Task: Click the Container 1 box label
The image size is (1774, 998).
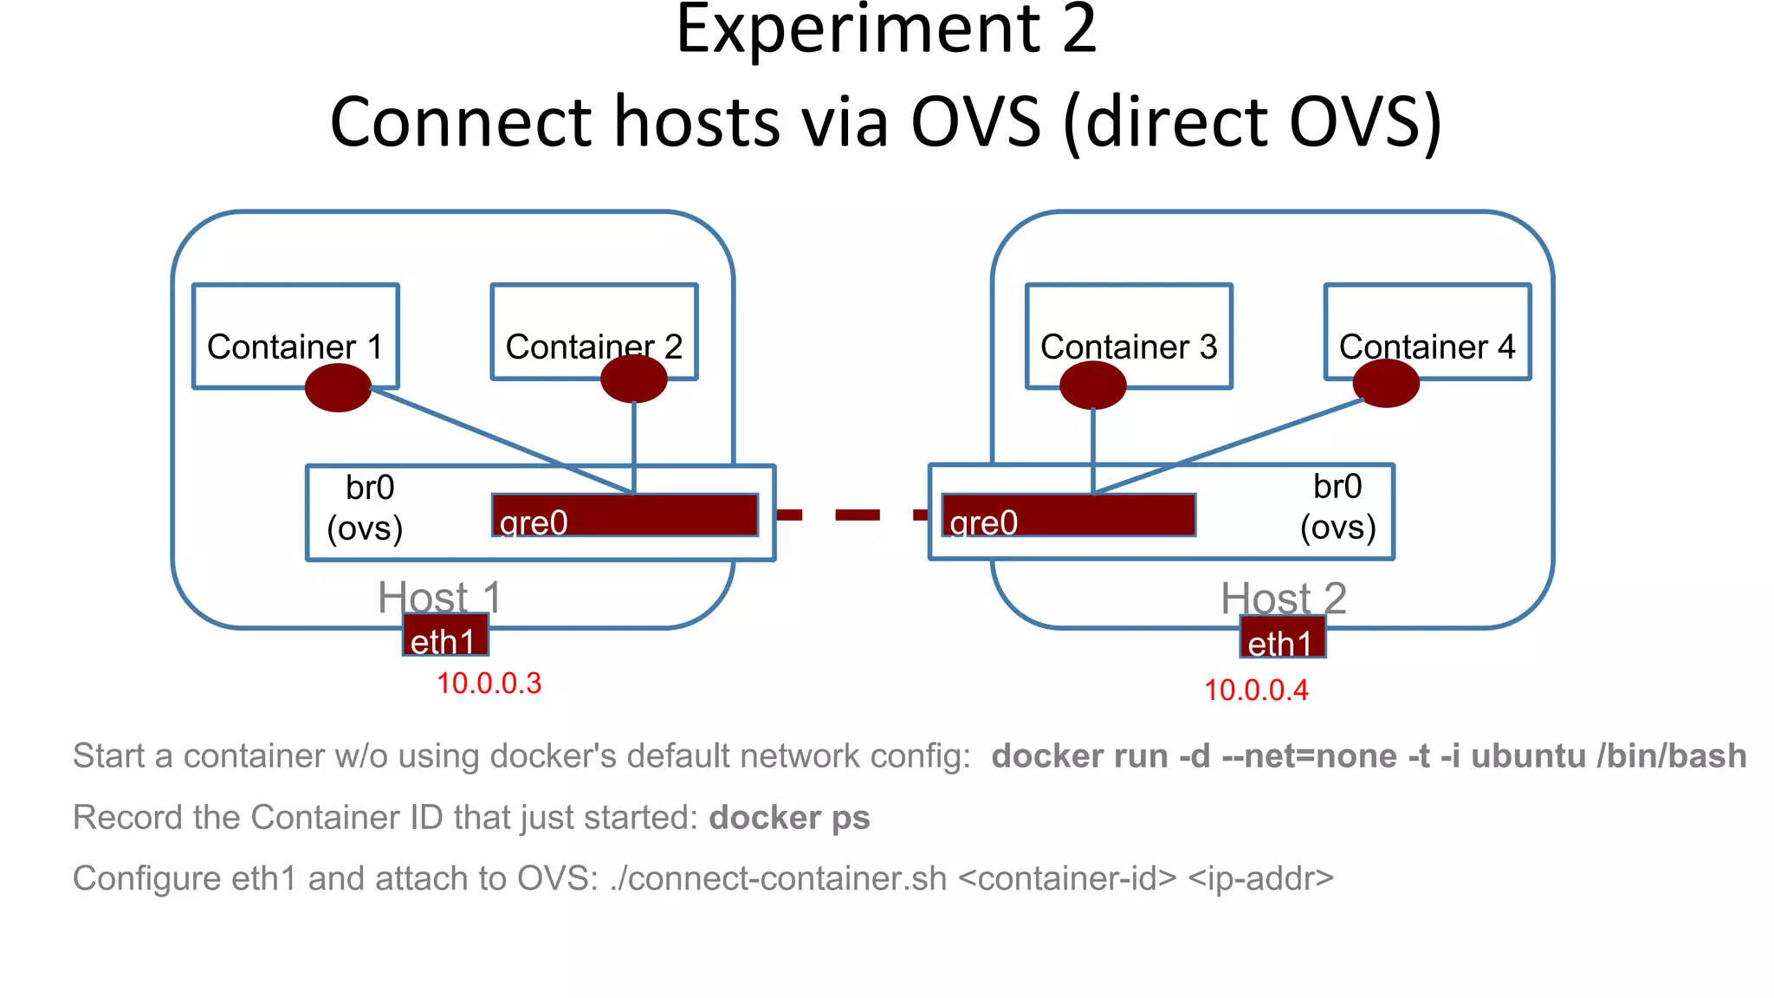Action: click(295, 347)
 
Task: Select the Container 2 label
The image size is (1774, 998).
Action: click(594, 347)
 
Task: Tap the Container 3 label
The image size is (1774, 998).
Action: click(1129, 347)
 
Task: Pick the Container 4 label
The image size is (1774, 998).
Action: click(1427, 347)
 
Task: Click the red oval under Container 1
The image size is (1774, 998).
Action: click(338, 387)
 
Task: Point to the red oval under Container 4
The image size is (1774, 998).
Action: click(1386, 384)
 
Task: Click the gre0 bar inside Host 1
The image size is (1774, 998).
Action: click(625, 515)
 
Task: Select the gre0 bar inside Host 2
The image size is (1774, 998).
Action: click(1069, 515)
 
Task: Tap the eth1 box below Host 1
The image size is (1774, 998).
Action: click(445, 637)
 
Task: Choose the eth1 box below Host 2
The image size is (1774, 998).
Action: click(1282, 638)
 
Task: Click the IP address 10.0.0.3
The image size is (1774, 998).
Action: click(489, 684)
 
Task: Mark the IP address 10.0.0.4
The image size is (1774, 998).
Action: click(1256, 690)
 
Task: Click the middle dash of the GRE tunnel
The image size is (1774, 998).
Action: click(857, 515)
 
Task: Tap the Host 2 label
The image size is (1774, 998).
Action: click(1284, 597)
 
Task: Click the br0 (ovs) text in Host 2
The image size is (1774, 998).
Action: click(1337, 507)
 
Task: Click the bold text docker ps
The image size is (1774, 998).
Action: click(789, 818)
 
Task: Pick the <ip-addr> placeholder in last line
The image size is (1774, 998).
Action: click(1260, 878)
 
